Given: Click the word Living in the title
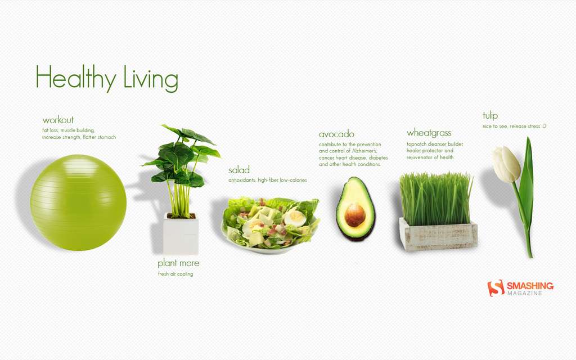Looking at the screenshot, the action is [151, 78].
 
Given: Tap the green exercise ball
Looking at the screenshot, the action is [78, 202].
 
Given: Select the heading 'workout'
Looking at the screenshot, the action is [58, 120].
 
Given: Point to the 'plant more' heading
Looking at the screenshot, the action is [178, 263].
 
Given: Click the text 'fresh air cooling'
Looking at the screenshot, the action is [175, 274].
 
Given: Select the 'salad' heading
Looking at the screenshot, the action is [238, 170].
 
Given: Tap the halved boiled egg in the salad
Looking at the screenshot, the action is [295, 218].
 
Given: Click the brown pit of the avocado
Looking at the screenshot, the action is [355, 215].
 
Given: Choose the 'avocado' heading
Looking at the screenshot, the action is [336, 134].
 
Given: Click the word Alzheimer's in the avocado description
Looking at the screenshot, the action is [364, 151].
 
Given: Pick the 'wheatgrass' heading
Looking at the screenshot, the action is [429, 133].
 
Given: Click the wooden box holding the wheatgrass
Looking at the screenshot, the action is [438, 235].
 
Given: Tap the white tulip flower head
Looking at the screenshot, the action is [506, 164].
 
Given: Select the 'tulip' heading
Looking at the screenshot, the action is [490, 116].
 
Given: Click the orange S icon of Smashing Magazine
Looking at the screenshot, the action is [496, 287].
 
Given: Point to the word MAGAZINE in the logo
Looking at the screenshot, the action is [525, 293].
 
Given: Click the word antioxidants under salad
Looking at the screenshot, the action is [242, 180].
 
